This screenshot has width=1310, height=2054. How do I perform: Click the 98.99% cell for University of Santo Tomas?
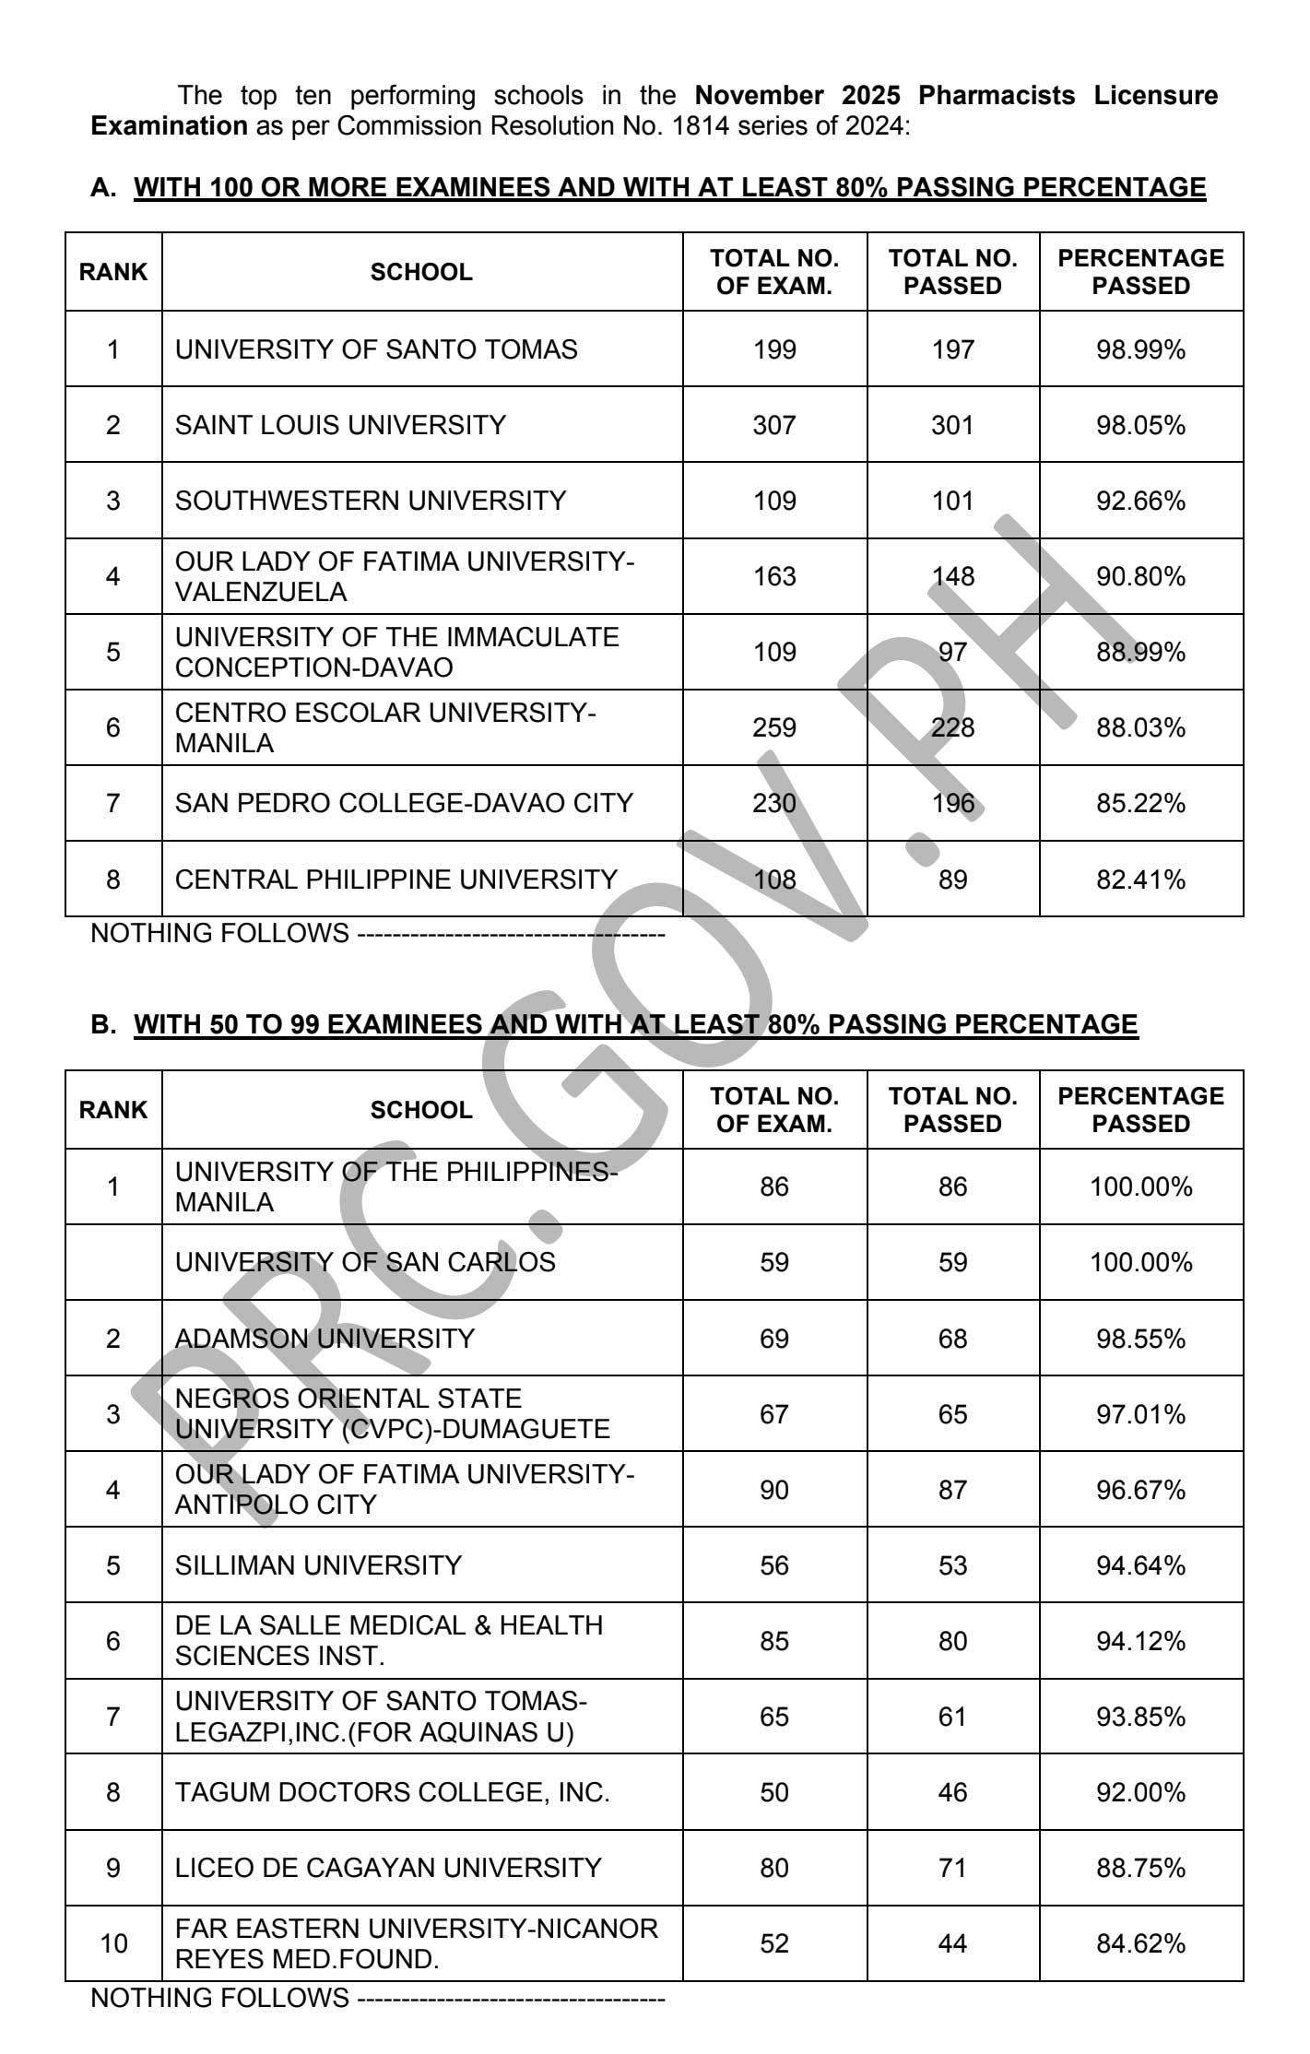[x=1140, y=349]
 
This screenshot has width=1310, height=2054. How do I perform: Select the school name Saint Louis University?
[x=340, y=425]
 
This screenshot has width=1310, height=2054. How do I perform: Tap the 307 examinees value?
[x=773, y=425]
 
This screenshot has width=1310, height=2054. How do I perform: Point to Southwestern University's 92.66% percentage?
[x=1140, y=501]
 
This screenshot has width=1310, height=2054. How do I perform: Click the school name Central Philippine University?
[x=395, y=879]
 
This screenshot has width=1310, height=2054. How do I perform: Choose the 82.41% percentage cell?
[x=1140, y=879]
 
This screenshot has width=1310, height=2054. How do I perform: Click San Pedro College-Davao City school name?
[x=404, y=803]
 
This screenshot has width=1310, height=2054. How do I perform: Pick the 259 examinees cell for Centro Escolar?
[x=773, y=727]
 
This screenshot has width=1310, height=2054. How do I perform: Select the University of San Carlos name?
[x=365, y=1261]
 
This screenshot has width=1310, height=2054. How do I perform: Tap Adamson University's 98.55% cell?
[x=1140, y=1338]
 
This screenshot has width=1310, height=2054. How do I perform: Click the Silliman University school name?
[x=318, y=1565]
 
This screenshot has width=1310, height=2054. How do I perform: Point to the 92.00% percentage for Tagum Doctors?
[x=1140, y=1792]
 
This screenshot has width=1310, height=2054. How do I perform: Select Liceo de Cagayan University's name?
[x=388, y=1868]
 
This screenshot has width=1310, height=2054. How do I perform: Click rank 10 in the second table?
[x=113, y=1943]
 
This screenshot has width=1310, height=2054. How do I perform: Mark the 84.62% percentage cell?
[x=1140, y=1943]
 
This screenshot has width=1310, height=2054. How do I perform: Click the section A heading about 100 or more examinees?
[x=669, y=187]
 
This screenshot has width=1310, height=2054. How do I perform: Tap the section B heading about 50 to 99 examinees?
[x=635, y=1024]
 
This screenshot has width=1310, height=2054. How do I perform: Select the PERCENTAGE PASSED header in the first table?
[x=1140, y=272]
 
